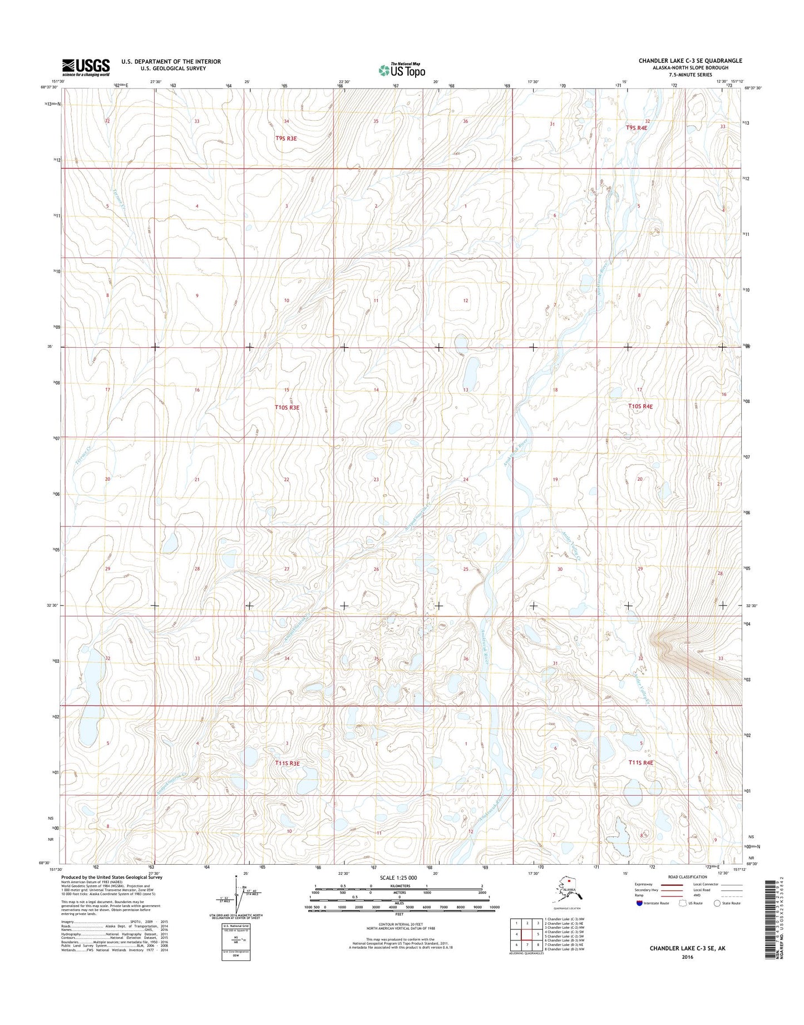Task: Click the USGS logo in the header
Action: (86, 67)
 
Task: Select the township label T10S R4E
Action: (640, 406)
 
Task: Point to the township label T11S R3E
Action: (287, 763)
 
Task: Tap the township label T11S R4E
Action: (640, 762)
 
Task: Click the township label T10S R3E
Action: (287, 407)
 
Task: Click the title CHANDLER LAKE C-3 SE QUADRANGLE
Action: (690, 61)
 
